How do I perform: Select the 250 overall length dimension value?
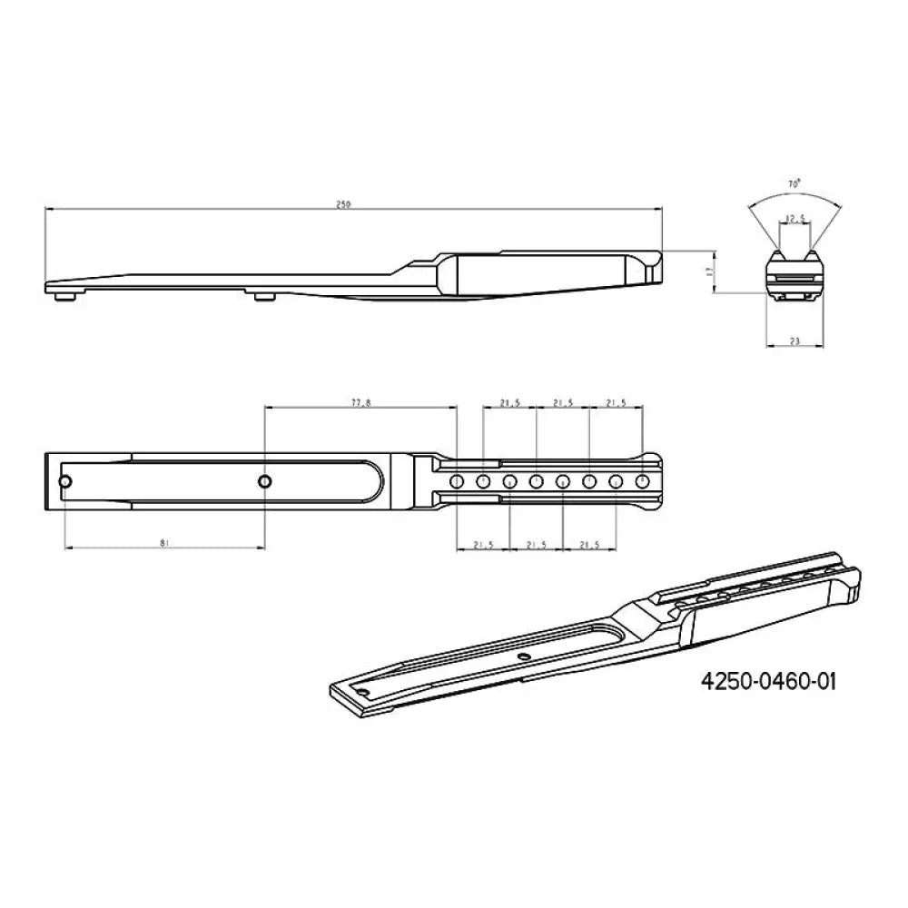pyautogui.click(x=343, y=204)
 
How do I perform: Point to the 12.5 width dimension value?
pyautogui.click(x=795, y=218)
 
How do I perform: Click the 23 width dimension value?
pyautogui.click(x=795, y=341)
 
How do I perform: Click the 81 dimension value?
pyautogui.click(x=164, y=542)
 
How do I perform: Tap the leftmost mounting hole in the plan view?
pyautogui.click(x=66, y=480)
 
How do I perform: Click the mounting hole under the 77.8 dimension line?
pyautogui.click(x=264, y=480)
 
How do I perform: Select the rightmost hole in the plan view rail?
pyautogui.click(x=643, y=480)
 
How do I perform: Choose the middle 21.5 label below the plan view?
pyautogui.click(x=537, y=545)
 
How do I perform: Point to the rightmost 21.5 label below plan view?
pyautogui.click(x=590, y=545)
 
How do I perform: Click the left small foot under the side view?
pyautogui.click(x=65, y=295)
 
